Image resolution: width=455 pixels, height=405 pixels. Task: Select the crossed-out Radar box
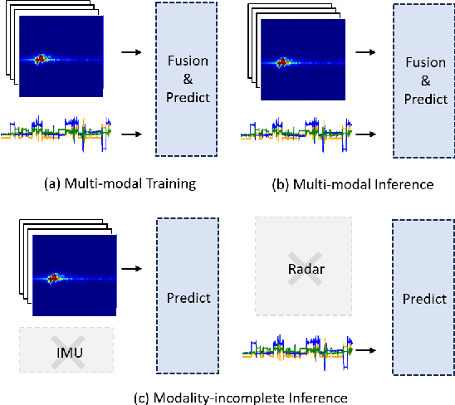303,266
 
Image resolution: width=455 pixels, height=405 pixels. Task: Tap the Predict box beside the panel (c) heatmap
186,298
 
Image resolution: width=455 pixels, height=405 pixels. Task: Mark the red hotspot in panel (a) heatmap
41,61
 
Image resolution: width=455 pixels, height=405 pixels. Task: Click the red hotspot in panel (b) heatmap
282,61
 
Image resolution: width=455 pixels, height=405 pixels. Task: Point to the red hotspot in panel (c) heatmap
55,278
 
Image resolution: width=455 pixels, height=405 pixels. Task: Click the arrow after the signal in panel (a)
128,132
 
